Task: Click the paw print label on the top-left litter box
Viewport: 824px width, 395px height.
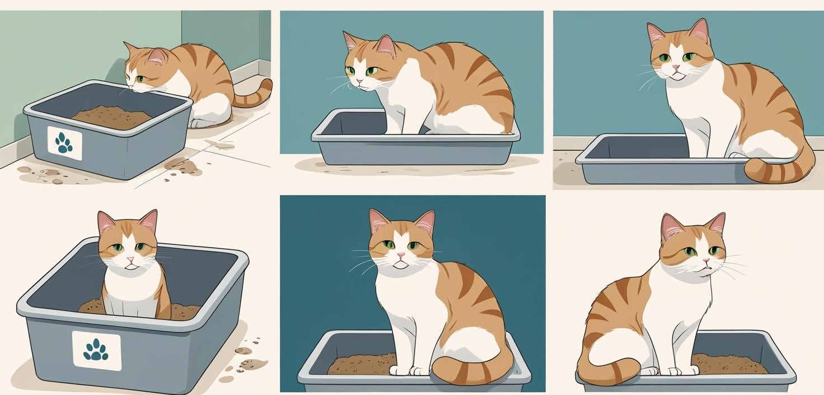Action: pos(64,143)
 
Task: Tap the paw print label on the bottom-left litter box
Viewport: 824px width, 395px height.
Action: pos(96,350)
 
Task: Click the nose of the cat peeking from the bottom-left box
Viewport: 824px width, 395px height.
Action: pos(130,261)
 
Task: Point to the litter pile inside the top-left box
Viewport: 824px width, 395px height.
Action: pos(112,117)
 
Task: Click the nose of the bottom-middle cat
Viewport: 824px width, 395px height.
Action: pos(401,255)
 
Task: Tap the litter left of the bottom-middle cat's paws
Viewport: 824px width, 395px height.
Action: pos(361,364)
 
